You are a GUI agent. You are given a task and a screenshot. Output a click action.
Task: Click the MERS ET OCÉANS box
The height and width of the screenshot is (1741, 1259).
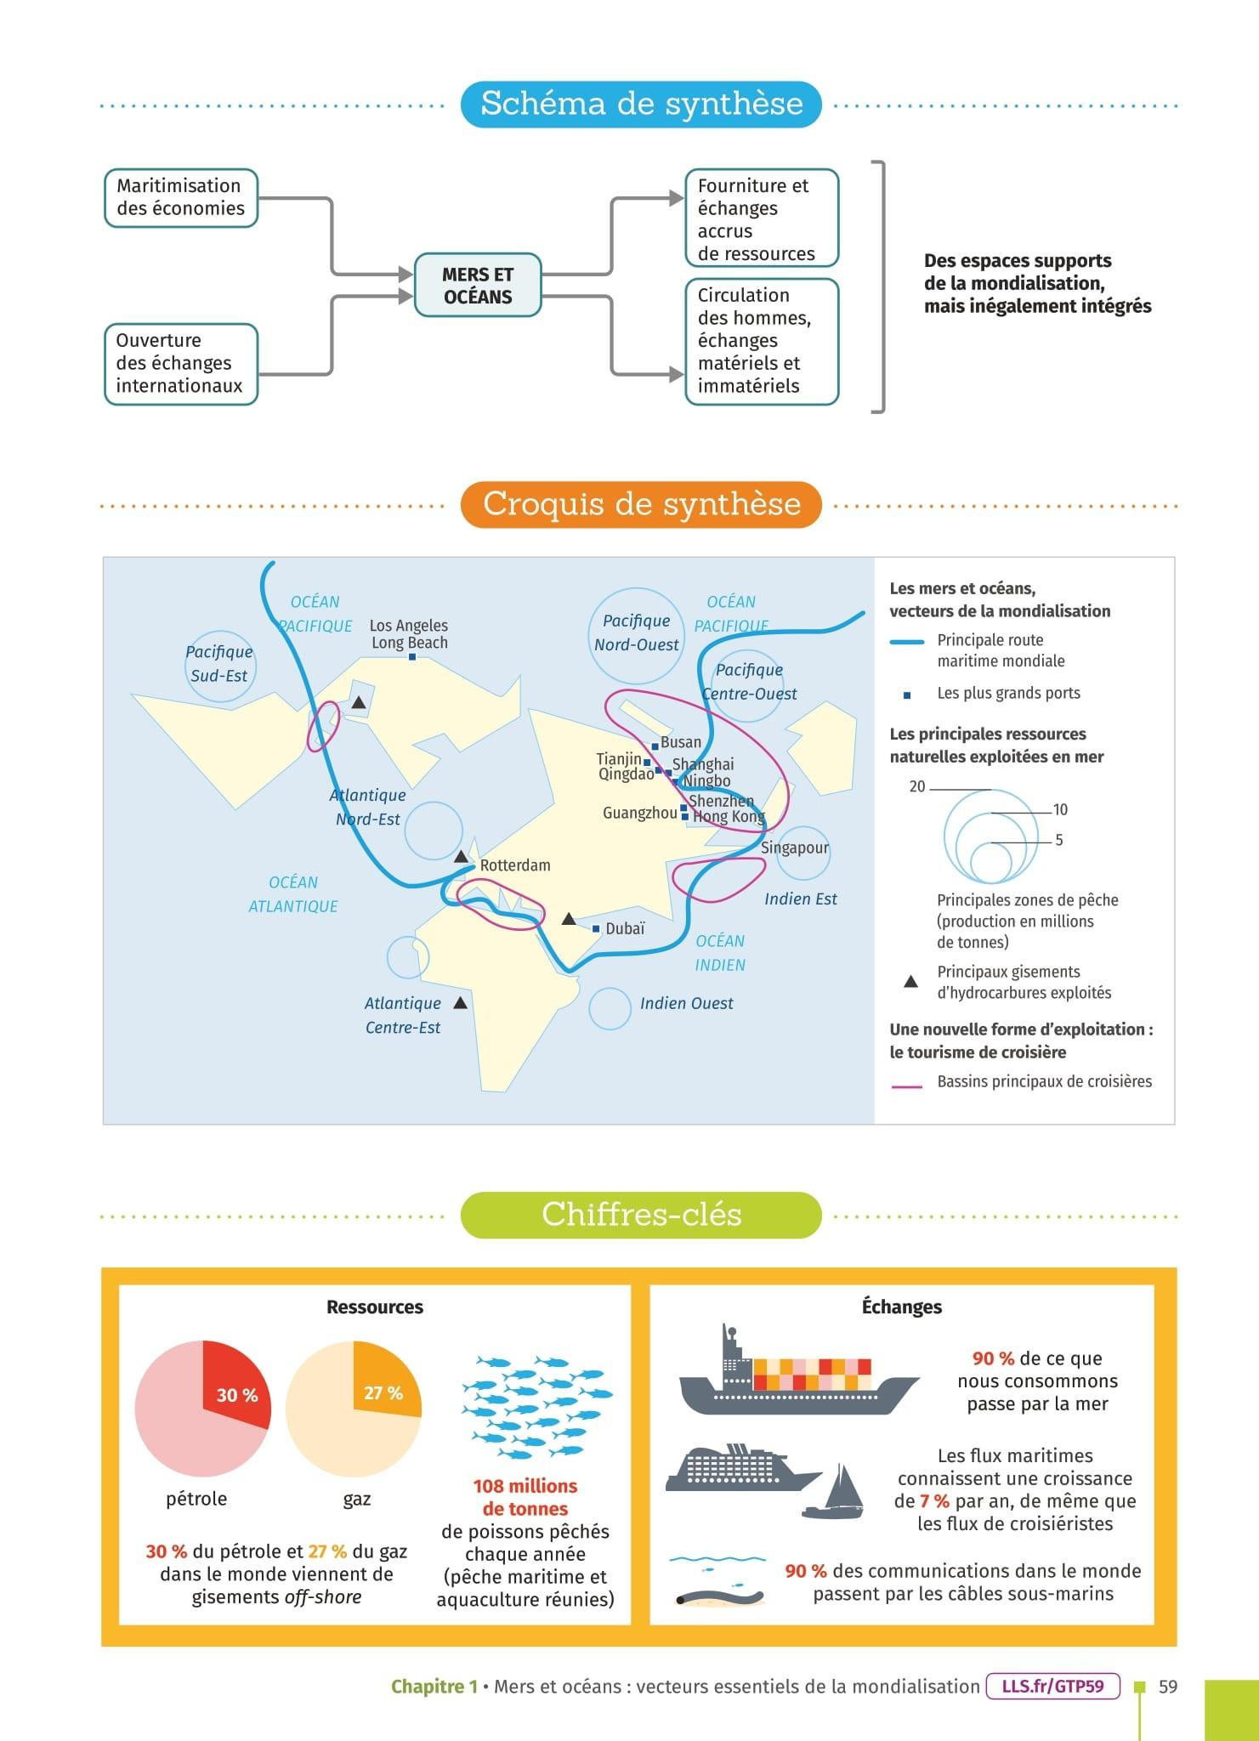point(478,286)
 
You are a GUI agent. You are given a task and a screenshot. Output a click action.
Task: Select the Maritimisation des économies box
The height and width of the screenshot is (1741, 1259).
point(180,197)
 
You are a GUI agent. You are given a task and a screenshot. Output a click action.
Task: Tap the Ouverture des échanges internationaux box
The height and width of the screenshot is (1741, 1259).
point(180,363)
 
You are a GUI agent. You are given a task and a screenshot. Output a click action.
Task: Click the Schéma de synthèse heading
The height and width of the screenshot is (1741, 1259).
point(641,104)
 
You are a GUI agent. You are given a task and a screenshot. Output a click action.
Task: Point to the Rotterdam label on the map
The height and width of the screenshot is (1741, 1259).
point(515,865)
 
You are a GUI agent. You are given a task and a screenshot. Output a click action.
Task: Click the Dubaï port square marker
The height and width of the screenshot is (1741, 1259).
point(596,929)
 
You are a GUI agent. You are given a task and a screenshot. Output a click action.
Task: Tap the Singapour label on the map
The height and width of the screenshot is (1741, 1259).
point(794,848)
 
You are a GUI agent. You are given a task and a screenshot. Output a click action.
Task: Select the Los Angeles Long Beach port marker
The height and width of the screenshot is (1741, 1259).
point(412,656)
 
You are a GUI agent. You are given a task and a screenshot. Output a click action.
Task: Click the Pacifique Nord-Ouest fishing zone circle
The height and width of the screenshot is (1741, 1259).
point(636,633)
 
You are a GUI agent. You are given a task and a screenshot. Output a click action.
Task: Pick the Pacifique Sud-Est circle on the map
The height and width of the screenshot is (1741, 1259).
point(219,665)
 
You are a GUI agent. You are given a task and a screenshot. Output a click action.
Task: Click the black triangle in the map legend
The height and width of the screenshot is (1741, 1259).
point(910,982)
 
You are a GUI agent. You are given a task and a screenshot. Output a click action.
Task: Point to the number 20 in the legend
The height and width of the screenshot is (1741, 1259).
point(916,786)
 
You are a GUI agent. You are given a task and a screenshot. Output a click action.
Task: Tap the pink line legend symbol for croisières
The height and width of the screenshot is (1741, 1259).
point(906,1086)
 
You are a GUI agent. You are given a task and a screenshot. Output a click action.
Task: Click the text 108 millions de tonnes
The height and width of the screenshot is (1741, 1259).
point(525,1497)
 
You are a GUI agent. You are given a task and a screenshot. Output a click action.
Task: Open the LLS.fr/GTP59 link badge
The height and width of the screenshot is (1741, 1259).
point(1052,1686)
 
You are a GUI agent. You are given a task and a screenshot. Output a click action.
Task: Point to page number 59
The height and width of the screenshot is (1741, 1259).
point(1168,1686)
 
